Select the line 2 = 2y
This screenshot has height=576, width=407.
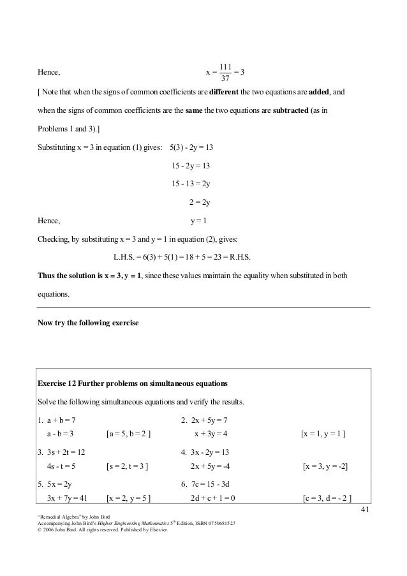(x=200, y=203)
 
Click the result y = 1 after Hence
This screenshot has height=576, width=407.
(x=199, y=221)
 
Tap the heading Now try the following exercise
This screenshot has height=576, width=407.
(x=88, y=322)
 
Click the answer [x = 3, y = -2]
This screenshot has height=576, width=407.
(x=325, y=466)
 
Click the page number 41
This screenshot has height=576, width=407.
(x=366, y=510)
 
